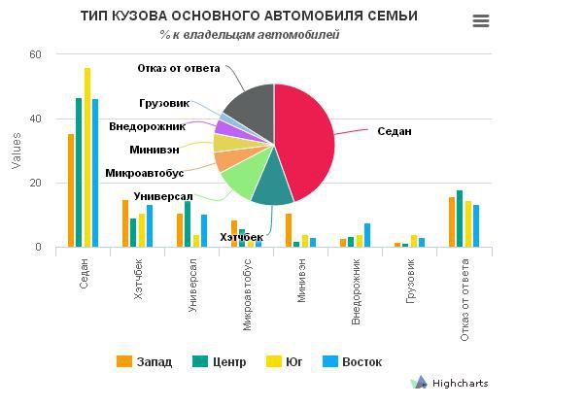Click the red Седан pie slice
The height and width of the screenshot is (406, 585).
tap(306, 141)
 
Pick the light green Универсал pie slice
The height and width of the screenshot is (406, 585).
tap(243, 175)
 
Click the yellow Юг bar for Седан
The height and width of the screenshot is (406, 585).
tap(87, 155)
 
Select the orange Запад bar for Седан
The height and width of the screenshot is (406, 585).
tap(71, 189)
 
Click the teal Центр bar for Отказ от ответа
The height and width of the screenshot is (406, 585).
tap(460, 219)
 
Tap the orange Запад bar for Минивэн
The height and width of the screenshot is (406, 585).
tap(289, 229)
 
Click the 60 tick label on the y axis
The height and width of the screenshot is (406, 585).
tap(36, 54)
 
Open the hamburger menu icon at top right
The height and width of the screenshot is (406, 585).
tap(480, 21)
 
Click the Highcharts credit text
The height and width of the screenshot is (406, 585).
tap(460, 384)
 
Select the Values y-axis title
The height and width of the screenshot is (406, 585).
tap(16, 151)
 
